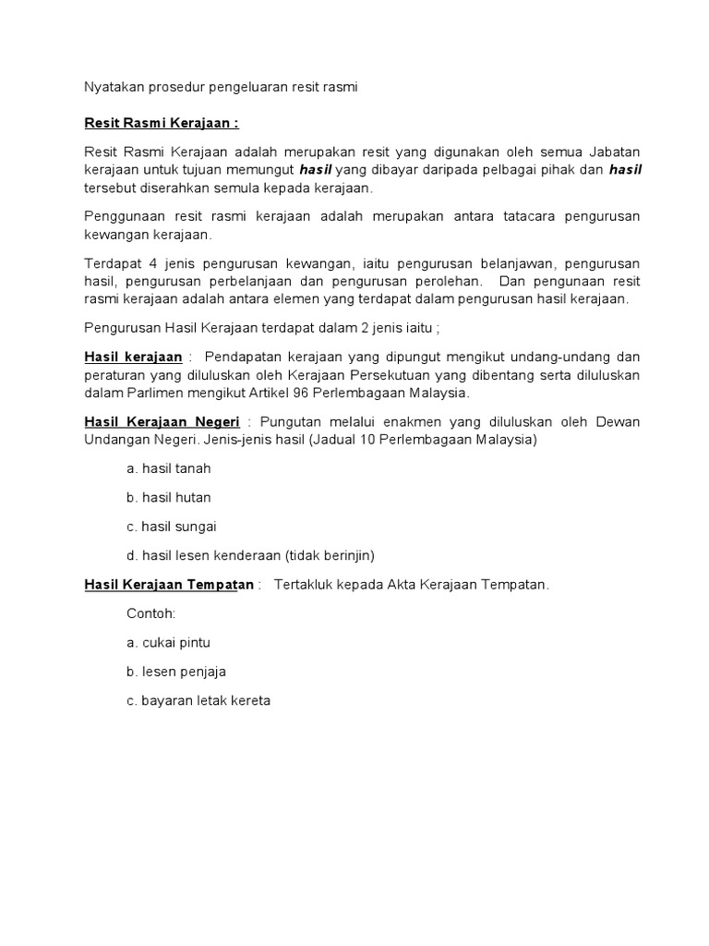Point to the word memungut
(259, 170)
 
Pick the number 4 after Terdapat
(151, 262)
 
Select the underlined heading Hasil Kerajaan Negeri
(162, 422)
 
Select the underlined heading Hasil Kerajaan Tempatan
(169, 585)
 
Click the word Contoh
(150, 612)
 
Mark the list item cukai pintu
(170, 642)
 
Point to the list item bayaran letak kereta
(198, 700)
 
